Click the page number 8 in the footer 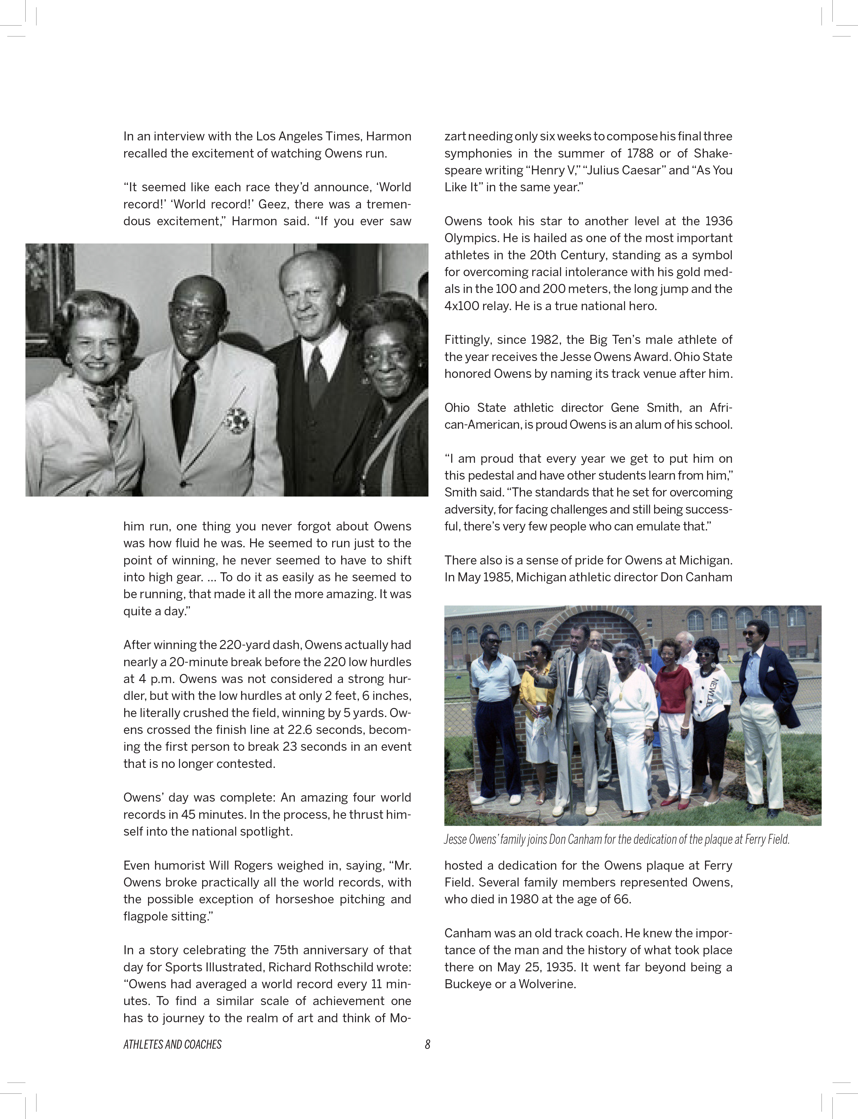(428, 1045)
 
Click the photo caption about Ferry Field (616, 839)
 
